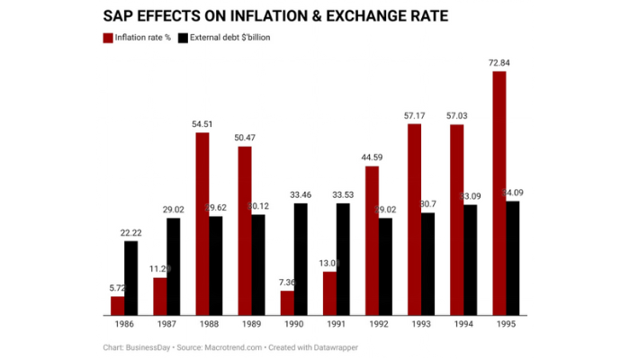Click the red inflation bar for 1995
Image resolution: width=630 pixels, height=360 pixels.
click(499, 193)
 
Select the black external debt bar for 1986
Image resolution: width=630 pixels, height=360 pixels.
click(131, 278)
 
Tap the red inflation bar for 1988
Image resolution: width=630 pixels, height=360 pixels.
click(202, 224)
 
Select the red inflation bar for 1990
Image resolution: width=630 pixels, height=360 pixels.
click(287, 302)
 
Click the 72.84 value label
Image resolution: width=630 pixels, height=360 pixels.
click(499, 61)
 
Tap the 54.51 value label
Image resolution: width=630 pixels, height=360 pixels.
click(202, 123)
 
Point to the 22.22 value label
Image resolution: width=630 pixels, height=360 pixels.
click(131, 232)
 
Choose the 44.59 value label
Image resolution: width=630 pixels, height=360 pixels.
click(373, 157)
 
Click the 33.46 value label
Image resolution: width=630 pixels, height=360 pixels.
click(301, 193)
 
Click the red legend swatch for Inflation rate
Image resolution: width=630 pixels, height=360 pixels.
click(109, 38)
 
